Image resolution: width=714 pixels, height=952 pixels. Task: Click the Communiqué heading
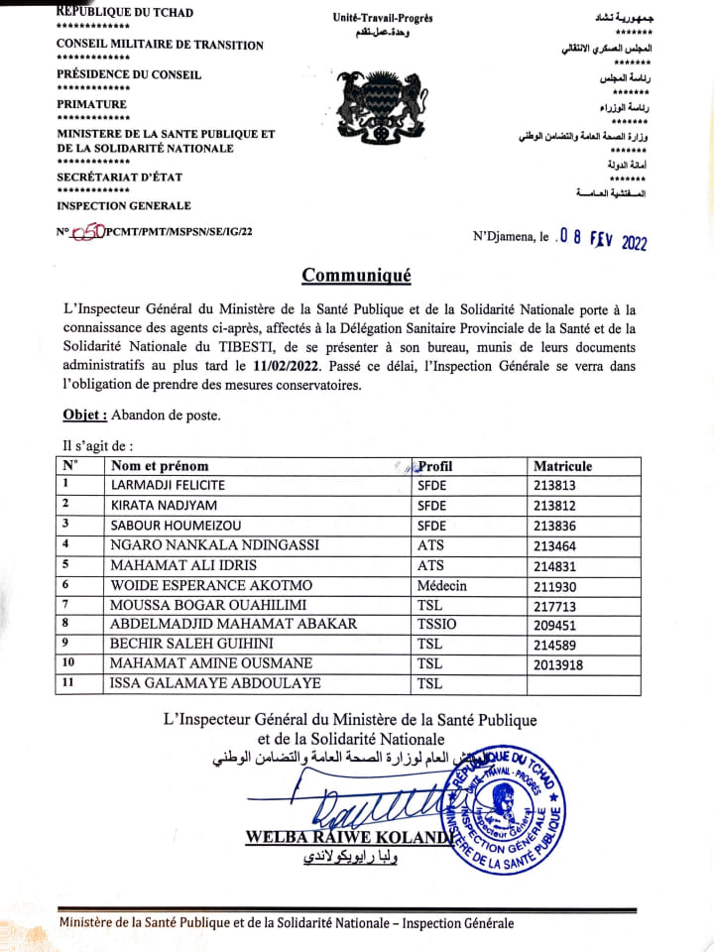[356, 276]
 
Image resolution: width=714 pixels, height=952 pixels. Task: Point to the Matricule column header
[562, 466]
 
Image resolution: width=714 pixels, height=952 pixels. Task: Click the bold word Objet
[83, 416]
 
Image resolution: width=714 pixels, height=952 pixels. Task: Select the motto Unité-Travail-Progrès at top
[383, 18]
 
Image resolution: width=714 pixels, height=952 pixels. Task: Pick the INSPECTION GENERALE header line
[123, 205]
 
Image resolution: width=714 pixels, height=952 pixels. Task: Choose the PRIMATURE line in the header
[91, 103]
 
